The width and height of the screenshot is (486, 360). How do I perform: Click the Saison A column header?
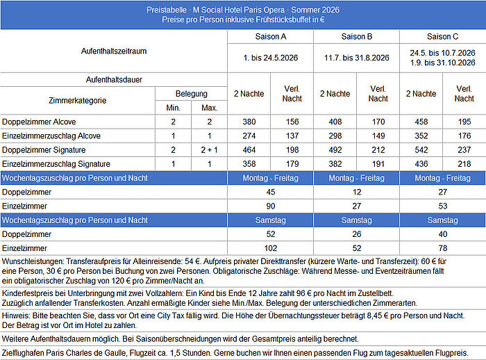(271, 36)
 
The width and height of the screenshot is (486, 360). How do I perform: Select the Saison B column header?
(357, 36)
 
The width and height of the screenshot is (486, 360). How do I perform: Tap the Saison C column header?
(443, 36)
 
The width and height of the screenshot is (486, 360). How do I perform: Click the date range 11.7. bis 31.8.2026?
(357, 58)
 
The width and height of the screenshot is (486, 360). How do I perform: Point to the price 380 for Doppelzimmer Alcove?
(249, 122)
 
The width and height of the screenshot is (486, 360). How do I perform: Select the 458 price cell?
(421, 122)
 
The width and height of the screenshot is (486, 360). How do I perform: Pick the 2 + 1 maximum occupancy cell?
(209, 149)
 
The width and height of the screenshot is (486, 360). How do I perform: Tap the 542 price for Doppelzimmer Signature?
(421, 149)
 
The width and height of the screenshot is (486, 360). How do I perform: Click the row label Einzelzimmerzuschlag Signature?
(56, 164)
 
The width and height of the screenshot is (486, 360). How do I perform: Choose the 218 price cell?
(464, 164)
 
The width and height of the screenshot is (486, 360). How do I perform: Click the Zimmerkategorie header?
(77, 100)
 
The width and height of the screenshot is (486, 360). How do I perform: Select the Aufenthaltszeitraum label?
(114, 51)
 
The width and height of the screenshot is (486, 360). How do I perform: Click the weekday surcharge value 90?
(271, 206)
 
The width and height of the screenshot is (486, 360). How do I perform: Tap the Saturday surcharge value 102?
(271, 248)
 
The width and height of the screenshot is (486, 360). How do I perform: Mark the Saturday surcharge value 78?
(443, 248)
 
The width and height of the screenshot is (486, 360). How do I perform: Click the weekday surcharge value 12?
(357, 192)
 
